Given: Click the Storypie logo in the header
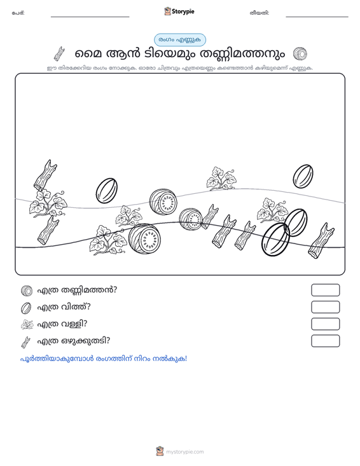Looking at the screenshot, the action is click(179, 11).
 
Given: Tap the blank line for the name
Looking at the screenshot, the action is click(90, 17).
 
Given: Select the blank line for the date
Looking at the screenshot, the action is click(317, 17).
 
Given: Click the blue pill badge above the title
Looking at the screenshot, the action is click(180, 40).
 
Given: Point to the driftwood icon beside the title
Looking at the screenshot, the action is click(59, 54).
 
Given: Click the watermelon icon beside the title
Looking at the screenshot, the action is click(300, 54).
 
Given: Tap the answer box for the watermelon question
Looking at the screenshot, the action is click(325, 290).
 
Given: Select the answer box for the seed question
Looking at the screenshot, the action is click(325, 307).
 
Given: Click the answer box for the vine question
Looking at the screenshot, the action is click(325, 324).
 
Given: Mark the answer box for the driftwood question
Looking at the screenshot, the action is click(325, 341).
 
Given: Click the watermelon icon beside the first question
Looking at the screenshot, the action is click(27, 291).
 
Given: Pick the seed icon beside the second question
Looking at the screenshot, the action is click(26, 308).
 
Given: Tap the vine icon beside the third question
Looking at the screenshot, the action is click(27, 324).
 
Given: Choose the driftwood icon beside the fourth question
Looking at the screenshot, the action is click(26, 342).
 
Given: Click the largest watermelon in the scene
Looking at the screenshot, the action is click(144, 238).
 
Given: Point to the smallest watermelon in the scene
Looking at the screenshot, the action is click(191, 219).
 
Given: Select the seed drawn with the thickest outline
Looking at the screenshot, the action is click(275, 239).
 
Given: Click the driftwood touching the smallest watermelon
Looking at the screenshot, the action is click(210, 216).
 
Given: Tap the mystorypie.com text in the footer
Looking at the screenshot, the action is click(184, 452).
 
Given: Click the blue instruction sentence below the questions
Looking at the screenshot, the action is click(104, 359).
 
